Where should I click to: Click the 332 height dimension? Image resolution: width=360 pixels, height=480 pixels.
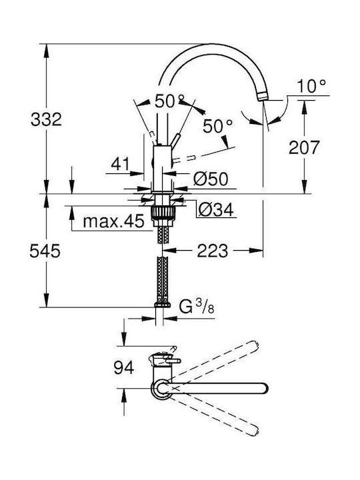pyautogui.click(x=46, y=119)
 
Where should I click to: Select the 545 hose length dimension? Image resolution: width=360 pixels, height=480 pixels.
pyautogui.click(x=45, y=251)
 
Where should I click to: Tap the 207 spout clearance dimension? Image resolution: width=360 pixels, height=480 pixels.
pyautogui.click(x=304, y=147)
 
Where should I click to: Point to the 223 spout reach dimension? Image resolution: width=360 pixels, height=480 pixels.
pyautogui.click(x=213, y=251)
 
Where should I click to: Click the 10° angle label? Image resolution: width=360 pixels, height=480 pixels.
pyautogui.click(x=311, y=86)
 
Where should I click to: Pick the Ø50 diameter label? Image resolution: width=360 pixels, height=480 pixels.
pyautogui.click(x=211, y=179)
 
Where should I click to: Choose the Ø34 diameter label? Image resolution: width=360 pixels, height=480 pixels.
pyautogui.click(x=216, y=210)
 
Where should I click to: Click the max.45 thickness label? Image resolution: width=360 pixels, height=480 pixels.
pyautogui.click(x=113, y=221)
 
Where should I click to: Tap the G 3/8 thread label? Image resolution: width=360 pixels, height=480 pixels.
pyautogui.click(x=197, y=307)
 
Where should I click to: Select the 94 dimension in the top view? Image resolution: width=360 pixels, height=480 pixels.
pyautogui.click(x=124, y=367)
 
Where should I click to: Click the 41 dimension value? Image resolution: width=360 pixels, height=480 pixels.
pyautogui.click(x=120, y=164)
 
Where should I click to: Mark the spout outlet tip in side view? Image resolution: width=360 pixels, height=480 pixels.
pyautogui.click(x=263, y=97)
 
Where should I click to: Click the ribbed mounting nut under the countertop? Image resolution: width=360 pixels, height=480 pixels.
pyautogui.click(x=163, y=212)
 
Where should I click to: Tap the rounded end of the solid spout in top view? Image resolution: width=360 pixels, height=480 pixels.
pyautogui.click(x=263, y=388)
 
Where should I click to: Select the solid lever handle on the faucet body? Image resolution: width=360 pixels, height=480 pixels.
pyautogui.click(x=175, y=140)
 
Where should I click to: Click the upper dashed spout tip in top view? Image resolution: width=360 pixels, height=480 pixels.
pyautogui.click(x=254, y=345)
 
